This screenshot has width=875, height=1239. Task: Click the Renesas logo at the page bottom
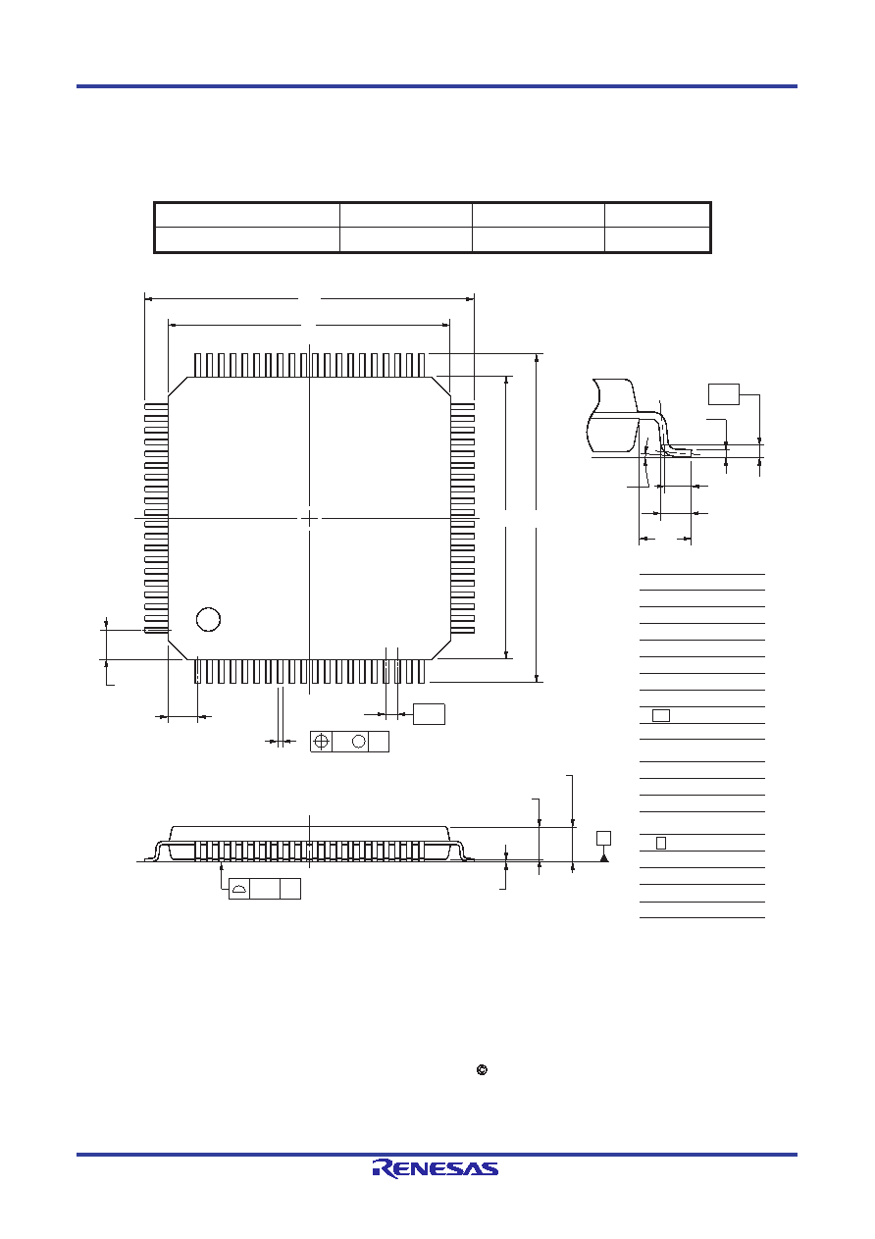tap(436, 1167)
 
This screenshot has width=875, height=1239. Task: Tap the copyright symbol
tap(482, 1070)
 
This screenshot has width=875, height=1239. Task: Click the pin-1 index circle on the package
tap(209, 620)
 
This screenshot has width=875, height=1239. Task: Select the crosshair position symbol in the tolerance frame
tap(322, 742)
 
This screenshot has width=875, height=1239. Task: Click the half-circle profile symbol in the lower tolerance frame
tap(239, 890)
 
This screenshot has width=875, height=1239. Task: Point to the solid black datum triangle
tap(604, 857)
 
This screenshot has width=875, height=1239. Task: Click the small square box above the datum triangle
tap(604, 838)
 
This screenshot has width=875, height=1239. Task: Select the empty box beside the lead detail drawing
tap(724, 394)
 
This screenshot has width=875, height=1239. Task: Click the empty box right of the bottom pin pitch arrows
tap(430, 714)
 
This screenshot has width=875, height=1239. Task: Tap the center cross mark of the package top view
tap(310, 518)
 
